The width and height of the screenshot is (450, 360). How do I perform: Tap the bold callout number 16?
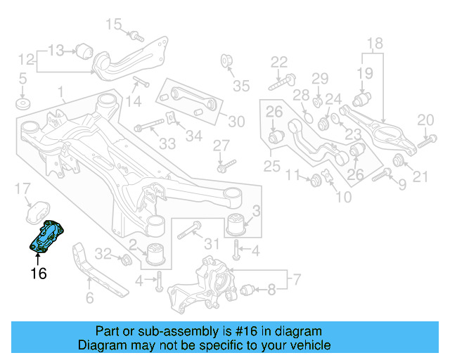(38, 274)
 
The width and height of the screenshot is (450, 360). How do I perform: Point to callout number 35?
(241, 86)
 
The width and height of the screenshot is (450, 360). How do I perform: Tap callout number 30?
(236, 122)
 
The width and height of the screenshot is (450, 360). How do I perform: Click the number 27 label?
(221, 146)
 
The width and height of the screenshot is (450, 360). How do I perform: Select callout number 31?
(212, 243)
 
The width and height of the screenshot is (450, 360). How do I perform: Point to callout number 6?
(89, 298)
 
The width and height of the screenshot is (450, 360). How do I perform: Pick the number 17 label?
(23, 188)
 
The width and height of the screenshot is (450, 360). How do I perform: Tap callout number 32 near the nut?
(103, 254)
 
